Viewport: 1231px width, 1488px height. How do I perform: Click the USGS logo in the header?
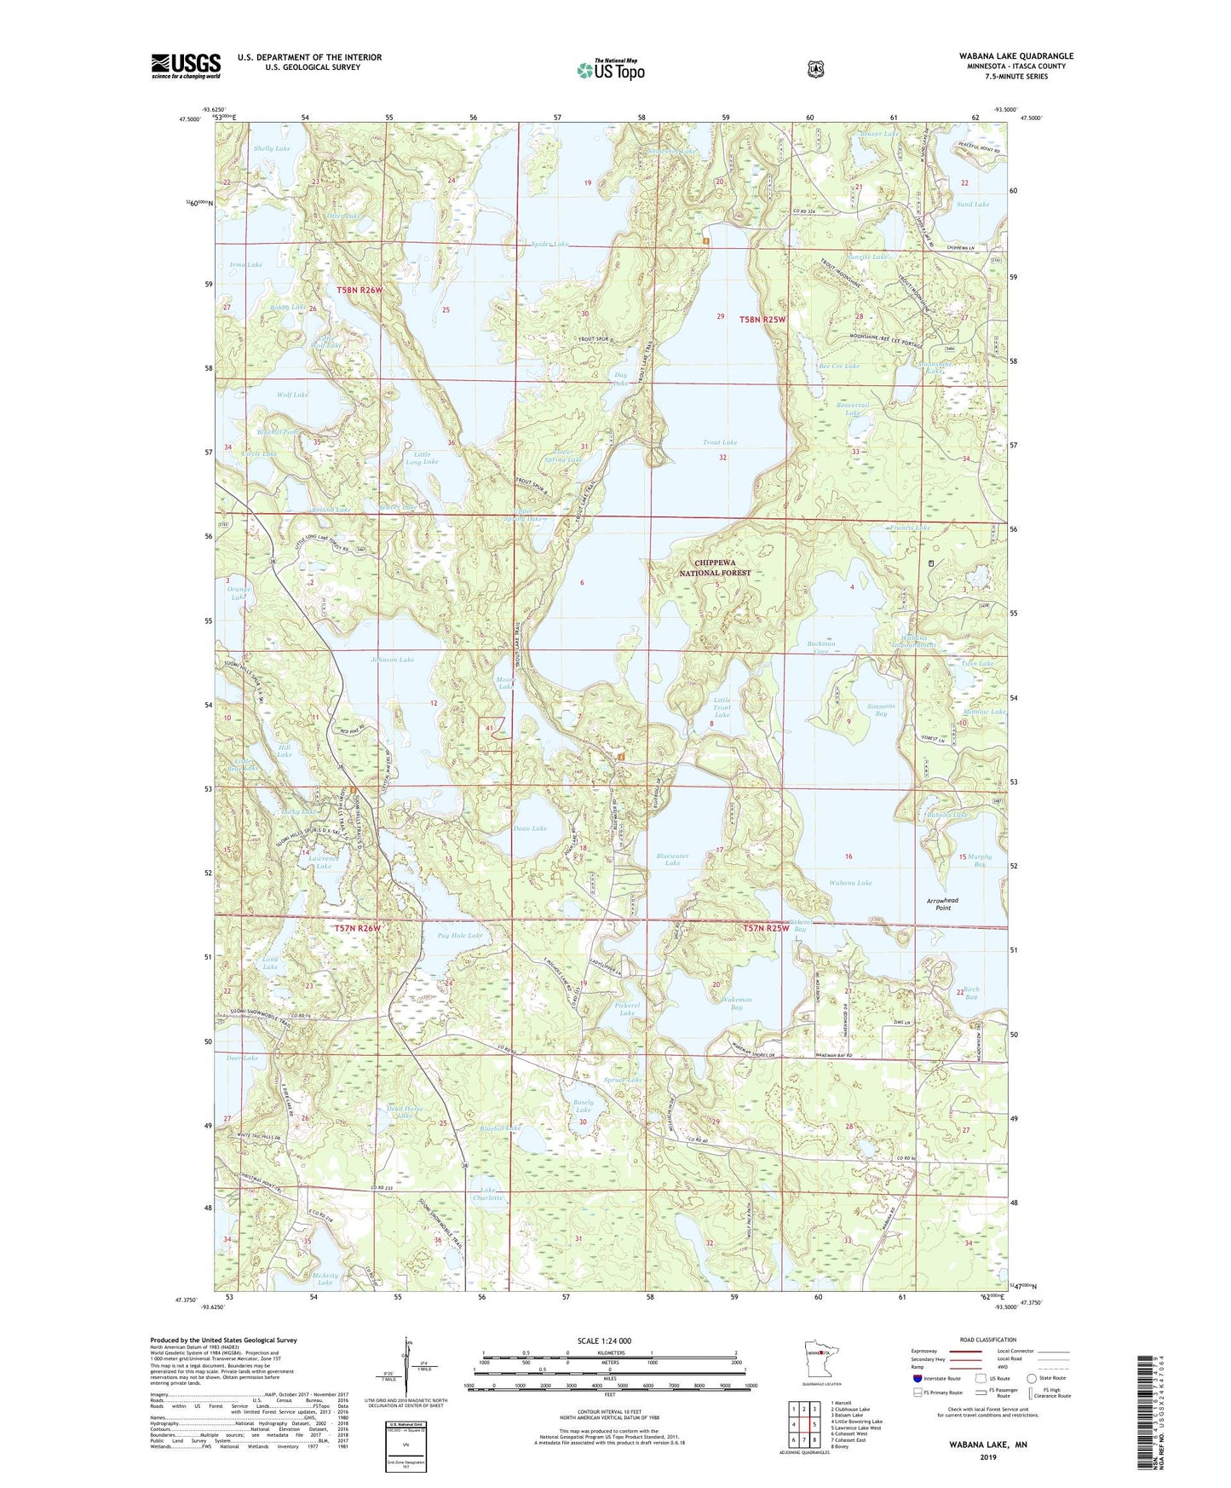[186, 66]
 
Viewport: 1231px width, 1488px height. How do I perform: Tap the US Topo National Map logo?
[610, 70]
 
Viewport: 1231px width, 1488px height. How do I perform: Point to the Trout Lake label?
[720, 442]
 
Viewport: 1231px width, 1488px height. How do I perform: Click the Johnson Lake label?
[393, 660]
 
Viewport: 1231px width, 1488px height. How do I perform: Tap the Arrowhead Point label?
[943, 903]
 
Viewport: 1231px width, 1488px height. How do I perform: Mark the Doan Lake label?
[529, 828]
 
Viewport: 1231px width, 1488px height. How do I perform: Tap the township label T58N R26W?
[360, 290]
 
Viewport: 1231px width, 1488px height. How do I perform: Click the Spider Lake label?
[549, 245]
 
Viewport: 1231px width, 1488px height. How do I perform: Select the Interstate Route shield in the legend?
[917, 1378]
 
